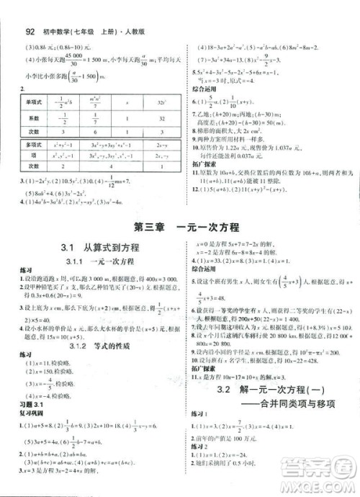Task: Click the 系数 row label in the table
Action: [x=31, y=120]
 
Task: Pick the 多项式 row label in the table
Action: [x=31, y=145]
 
